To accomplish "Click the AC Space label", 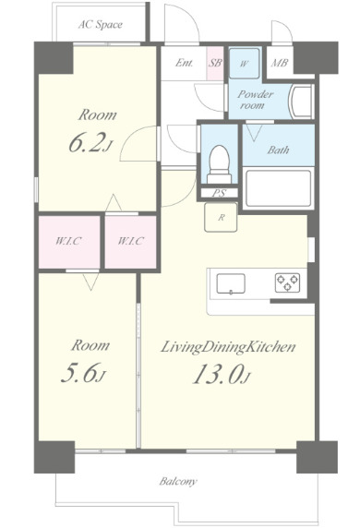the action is pyautogui.click(x=101, y=25).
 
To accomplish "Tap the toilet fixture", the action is pyautogui.click(x=220, y=164).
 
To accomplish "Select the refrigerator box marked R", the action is pyautogui.click(x=221, y=217).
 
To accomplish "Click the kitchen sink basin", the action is pyautogui.click(x=231, y=284).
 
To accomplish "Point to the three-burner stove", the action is pyautogui.click(x=287, y=282).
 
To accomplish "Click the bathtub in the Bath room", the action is pyautogui.click(x=279, y=188).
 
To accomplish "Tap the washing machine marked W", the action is pyautogui.click(x=244, y=64).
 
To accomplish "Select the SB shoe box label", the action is pyautogui.click(x=215, y=63).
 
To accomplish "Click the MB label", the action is pyautogui.click(x=279, y=63).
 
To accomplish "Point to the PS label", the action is pyautogui.click(x=219, y=193).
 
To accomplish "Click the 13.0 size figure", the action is pyautogui.click(x=222, y=375).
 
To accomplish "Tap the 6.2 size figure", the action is pyautogui.click(x=90, y=143).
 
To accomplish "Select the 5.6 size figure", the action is pyautogui.click(x=83, y=373).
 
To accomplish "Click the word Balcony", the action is pyautogui.click(x=178, y=481).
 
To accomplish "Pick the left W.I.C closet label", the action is pyautogui.click(x=68, y=241).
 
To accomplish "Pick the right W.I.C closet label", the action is pyautogui.click(x=131, y=241).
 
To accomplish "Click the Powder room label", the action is pyautogui.click(x=255, y=100).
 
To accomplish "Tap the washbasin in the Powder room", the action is pyautogui.click(x=301, y=101).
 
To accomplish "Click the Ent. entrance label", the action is pyautogui.click(x=185, y=63).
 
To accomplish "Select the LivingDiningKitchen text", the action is pyautogui.click(x=228, y=347).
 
